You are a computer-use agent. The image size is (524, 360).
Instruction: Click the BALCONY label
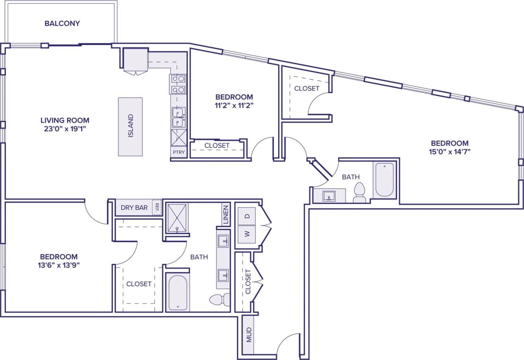[62, 23]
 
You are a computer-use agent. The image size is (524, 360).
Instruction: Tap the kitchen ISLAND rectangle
[130, 126]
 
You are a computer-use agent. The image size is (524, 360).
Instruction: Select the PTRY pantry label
[179, 153]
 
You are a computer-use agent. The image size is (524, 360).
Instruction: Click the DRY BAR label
[134, 207]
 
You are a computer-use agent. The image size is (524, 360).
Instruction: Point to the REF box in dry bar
[157, 207]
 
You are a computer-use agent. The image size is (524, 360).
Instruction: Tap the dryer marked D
[247, 216]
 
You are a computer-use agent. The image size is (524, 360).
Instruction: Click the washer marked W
[247, 234]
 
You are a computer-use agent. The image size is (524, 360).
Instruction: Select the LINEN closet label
[225, 215]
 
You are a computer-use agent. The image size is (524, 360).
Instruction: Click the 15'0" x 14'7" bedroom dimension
[449, 152]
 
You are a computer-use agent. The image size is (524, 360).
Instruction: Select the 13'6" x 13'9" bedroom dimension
[59, 265]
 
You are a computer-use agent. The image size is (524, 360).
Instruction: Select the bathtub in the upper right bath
[384, 180]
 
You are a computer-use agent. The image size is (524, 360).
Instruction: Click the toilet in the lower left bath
[219, 299]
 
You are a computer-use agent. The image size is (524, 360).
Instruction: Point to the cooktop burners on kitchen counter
[178, 83]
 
